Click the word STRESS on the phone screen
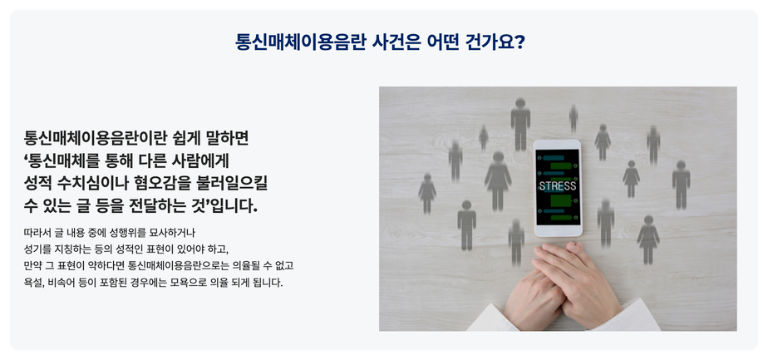[558, 186]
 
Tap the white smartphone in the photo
[558, 188]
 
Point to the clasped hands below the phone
[564, 284]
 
